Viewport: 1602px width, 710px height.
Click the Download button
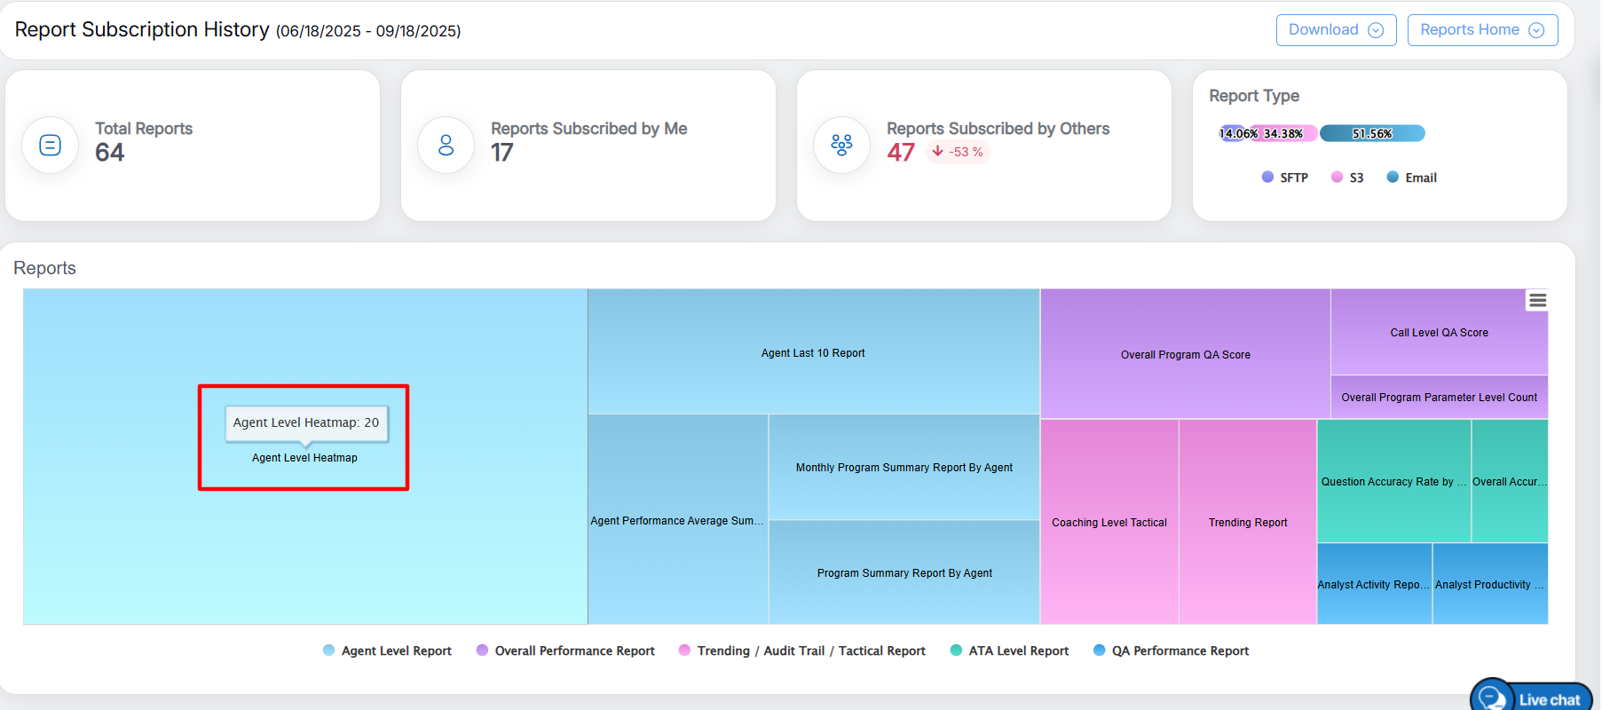point(1335,30)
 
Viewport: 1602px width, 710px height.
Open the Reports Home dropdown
point(1481,30)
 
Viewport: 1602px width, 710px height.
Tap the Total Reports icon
point(51,145)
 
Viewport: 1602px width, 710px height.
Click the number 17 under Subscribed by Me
point(502,153)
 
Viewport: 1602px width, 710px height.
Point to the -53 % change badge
point(958,152)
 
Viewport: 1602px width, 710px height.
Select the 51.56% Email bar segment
point(1372,133)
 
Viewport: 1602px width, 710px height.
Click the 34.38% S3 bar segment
point(1283,133)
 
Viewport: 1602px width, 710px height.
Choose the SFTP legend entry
point(1285,177)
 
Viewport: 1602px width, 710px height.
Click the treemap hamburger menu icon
point(1537,301)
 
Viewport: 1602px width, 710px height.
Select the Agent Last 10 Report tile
point(813,352)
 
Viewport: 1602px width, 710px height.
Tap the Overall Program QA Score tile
point(1185,354)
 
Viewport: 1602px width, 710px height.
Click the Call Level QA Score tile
point(1439,332)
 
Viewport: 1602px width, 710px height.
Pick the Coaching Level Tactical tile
point(1109,522)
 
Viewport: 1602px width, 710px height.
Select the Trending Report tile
point(1247,522)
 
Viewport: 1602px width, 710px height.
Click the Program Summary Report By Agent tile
point(904,572)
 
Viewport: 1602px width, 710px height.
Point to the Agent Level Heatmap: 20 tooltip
point(306,423)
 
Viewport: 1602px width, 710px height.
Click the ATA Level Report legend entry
point(1009,651)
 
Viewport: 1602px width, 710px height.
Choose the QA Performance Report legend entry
point(1171,651)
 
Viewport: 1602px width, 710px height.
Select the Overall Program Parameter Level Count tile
point(1439,397)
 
